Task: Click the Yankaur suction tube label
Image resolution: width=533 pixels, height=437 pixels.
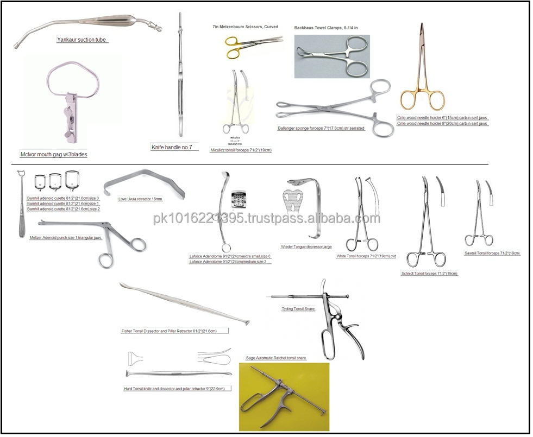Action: pos(82,40)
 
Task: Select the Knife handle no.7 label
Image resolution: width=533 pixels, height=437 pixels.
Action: pos(174,147)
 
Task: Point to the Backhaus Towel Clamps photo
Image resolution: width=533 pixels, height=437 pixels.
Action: pos(331,56)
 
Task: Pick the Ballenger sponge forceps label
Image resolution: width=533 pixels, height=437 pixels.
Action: pos(321,129)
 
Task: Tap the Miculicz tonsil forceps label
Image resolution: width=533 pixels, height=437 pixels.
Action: pos(240,150)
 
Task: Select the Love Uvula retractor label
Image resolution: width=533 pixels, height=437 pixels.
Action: pos(140,199)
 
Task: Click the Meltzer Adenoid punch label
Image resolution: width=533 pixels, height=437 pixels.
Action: pos(66,238)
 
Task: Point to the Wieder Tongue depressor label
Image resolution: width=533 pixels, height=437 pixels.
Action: pos(306,246)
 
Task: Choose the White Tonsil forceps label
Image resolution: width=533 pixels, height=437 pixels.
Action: pos(366,256)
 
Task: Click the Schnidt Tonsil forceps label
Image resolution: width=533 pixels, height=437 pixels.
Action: pos(429,274)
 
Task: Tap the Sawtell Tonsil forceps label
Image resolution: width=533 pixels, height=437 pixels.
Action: pos(492,253)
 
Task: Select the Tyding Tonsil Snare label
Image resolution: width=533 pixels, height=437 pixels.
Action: pos(298,308)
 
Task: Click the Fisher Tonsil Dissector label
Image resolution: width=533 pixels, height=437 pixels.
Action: pos(174,331)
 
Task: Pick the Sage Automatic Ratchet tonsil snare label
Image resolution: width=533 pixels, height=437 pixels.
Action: pos(276,358)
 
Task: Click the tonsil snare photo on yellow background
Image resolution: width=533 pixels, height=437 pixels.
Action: pos(284,396)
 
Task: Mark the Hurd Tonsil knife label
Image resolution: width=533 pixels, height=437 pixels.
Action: pos(178,389)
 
